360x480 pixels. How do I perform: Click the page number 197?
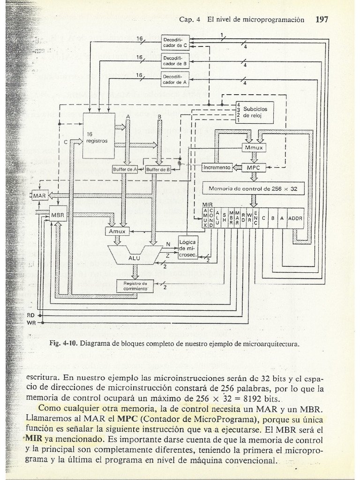322,20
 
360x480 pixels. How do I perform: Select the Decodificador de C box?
175,43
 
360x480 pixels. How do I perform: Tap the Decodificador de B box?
175,60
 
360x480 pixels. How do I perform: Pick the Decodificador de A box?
175,79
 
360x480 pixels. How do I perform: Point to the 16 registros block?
98,136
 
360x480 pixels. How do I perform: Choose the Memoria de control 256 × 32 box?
253,188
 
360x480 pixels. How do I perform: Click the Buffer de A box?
125,170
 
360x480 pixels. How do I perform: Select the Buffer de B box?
157,170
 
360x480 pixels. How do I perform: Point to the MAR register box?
40,195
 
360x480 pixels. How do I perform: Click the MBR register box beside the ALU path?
59,214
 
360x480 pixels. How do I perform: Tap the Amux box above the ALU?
117,231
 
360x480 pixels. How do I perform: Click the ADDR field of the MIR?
295,218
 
